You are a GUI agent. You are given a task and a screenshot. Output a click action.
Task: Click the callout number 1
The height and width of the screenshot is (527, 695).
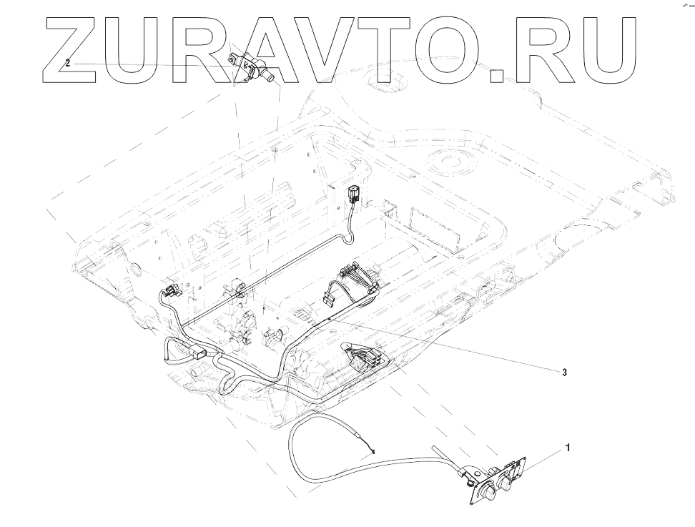point(568,448)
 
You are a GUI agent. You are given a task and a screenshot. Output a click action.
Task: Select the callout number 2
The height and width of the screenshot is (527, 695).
point(68,63)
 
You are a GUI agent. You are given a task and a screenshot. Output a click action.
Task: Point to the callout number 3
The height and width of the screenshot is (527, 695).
point(565,373)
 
